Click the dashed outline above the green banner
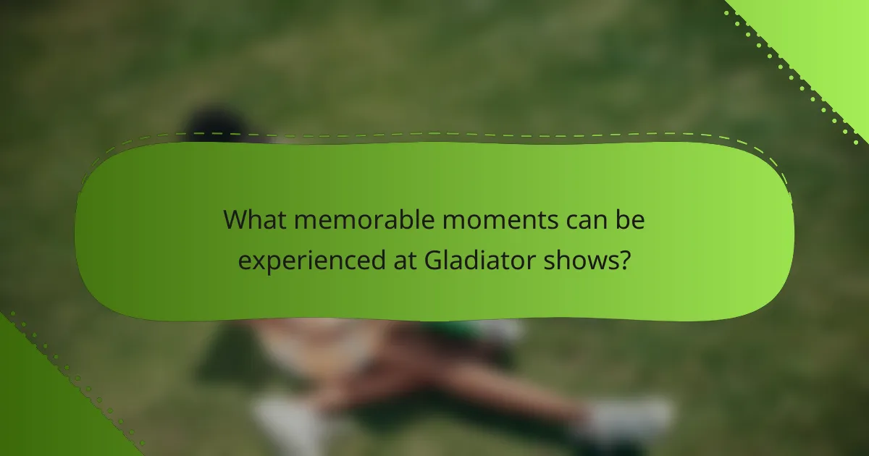click(x=434, y=133)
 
